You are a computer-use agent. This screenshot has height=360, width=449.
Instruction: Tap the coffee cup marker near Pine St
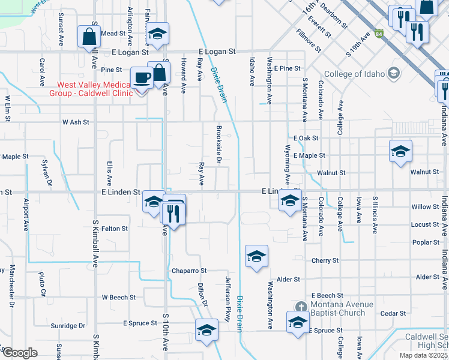coord(142,77)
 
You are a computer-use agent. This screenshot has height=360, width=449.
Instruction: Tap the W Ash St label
coord(76,122)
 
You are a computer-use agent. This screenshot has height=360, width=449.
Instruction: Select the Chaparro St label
coord(189,271)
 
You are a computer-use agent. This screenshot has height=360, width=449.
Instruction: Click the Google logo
coord(20,353)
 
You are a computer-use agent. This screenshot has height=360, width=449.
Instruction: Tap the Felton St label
coord(115,229)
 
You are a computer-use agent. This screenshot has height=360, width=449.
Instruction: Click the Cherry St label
coord(325,260)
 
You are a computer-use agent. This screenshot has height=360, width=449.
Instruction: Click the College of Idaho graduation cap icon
coord(393,74)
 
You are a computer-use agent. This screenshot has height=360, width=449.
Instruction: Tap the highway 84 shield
coord(379,34)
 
